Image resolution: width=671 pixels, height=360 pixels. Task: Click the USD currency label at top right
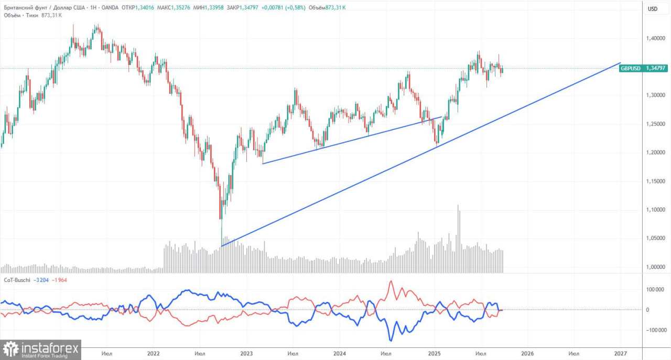[652, 9]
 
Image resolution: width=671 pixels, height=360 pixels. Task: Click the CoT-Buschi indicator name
[17, 280]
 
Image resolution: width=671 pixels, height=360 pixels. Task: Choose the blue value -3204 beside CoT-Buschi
[42, 280]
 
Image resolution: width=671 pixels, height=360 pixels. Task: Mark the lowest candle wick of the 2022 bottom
[221, 242]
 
